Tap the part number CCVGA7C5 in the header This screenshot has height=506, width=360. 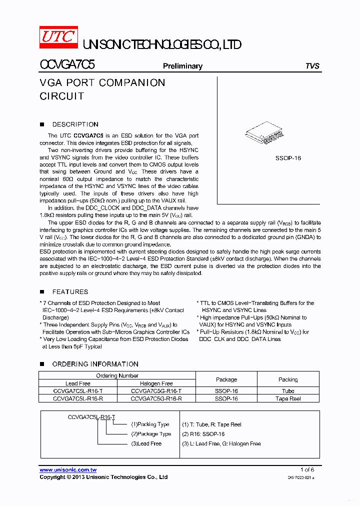67,65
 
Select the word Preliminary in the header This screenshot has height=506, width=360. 182,66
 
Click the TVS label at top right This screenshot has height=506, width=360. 312,66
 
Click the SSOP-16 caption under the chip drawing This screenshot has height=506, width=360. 288,158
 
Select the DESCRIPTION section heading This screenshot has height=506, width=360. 75,124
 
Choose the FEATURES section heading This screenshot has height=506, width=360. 70,292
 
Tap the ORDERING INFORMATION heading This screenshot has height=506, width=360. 95,364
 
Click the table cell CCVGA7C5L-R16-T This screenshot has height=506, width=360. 78,391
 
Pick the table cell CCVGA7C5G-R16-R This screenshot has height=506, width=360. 156,398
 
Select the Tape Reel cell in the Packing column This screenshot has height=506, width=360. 288,398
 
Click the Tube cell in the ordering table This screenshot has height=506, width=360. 288,391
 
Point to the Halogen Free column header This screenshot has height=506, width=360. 156,383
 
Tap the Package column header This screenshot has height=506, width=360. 226,379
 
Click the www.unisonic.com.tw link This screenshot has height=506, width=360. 68,470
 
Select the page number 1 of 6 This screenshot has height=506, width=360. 307,469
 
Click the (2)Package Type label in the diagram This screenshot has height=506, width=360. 151,434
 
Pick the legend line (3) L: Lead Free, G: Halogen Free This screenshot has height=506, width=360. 221,443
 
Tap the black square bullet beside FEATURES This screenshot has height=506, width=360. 42,292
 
